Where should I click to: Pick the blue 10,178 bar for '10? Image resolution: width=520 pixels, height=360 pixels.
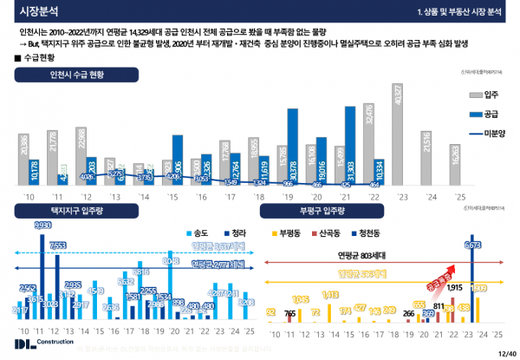(x=34, y=173)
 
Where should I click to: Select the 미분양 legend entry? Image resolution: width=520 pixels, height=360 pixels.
(x=484, y=134)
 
